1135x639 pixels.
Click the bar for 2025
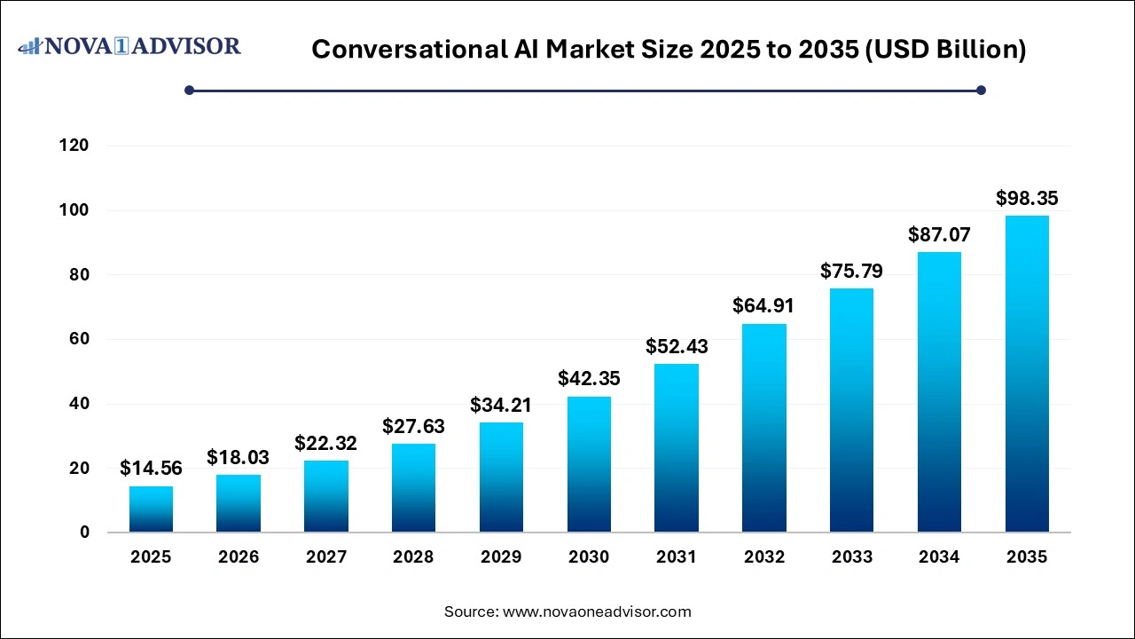point(151,509)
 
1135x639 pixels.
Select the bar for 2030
point(589,464)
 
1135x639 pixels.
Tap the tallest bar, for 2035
point(1027,374)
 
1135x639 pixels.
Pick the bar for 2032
point(764,428)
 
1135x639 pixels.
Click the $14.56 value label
point(151,468)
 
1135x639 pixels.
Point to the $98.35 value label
point(1027,198)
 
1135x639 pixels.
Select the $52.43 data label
point(677,346)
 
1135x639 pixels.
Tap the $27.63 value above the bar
point(413,426)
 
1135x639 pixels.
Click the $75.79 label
point(851,271)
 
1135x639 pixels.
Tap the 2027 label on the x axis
point(326,557)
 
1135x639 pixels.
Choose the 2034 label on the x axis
point(939,557)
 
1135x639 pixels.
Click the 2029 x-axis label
point(501,557)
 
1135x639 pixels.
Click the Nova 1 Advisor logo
point(129,45)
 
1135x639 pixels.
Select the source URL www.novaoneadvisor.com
point(597,611)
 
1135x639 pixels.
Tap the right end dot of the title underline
point(981,90)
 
